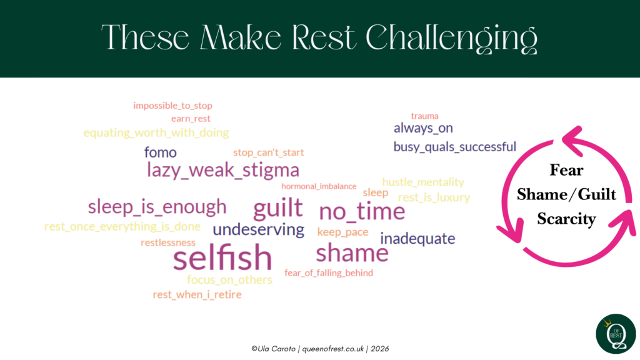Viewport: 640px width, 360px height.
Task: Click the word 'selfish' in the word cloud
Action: pyautogui.click(x=222, y=257)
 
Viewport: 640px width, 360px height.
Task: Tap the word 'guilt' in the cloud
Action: pyautogui.click(x=278, y=207)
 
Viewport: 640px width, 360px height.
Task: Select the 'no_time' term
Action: pyautogui.click(x=362, y=211)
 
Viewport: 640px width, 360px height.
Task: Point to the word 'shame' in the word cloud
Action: pyautogui.click(x=352, y=252)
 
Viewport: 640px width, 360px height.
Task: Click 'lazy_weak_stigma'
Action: pyautogui.click(x=223, y=170)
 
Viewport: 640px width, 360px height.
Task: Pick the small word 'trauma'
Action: pyautogui.click(x=424, y=116)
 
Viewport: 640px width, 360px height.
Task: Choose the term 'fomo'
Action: pyautogui.click(x=161, y=152)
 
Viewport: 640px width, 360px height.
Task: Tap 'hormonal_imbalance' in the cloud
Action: pyautogui.click(x=319, y=186)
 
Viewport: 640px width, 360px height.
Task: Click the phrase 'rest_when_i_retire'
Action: pyautogui.click(x=197, y=294)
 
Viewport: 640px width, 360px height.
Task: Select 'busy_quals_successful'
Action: pyautogui.click(x=455, y=146)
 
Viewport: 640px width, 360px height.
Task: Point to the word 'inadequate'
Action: pyautogui.click(x=417, y=238)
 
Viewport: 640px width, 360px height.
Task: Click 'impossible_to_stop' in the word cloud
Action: pyautogui.click(x=172, y=106)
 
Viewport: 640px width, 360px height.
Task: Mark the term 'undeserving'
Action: pyautogui.click(x=258, y=229)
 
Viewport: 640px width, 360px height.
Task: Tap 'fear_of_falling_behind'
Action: pyautogui.click(x=329, y=272)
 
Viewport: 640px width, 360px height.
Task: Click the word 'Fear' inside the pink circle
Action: pyautogui.click(x=566, y=170)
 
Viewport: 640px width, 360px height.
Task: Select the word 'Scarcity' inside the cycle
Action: pyautogui.click(x=566, y=219)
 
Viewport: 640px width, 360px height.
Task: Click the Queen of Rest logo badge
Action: pyautogui.click(x=616, y=334)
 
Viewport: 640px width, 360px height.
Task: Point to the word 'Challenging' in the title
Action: pyautogui.click(x=451, y=38)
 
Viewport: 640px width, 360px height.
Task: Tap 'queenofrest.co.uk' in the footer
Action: pyautogui.click(x=333, y=349)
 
